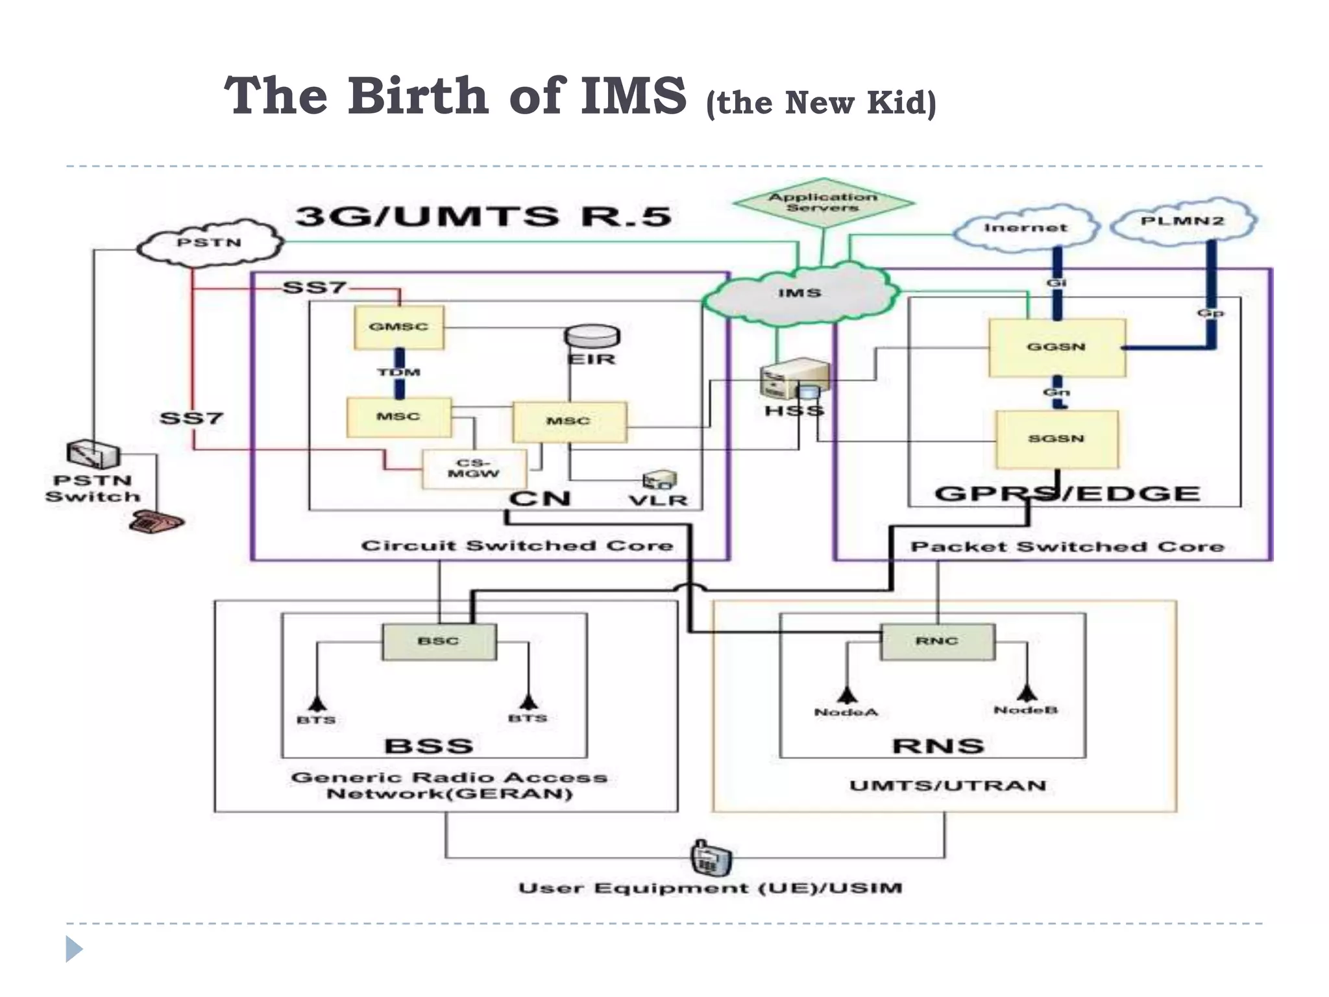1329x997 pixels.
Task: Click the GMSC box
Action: point(399,327)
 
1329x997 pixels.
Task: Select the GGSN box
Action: point(1056,347)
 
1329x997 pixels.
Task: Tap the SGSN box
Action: point(1056,439)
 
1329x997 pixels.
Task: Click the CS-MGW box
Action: point(473,469)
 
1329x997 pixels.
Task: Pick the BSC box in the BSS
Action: point(439,641)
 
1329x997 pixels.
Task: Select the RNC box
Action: point(936,641)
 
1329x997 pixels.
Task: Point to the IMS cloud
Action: point(799,293)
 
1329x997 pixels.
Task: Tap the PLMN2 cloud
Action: point(1182,221)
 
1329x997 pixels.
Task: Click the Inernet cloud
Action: point(1025,228)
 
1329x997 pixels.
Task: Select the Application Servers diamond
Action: point(823,203)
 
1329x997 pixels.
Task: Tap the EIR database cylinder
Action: point(592,337)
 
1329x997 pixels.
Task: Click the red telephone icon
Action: point(156,521)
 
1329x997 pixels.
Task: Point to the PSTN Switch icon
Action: point(93,454)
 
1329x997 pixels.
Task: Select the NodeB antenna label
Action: point(1025,710)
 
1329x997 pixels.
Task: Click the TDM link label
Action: point(399,372)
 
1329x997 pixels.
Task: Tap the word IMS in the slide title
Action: point(633,96)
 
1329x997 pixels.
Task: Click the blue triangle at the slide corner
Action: point(74,949)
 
